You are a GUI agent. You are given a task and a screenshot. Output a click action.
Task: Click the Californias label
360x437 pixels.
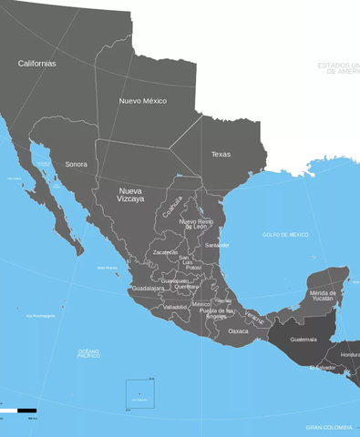click(36, 64)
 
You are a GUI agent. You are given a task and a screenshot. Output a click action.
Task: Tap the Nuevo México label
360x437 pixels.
click(143, 100)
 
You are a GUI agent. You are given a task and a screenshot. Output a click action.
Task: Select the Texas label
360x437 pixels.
click(221, 154)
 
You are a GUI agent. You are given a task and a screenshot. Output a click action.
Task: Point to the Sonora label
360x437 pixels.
click(77, 164)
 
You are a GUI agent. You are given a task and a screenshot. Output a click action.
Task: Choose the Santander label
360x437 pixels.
click(217, 245)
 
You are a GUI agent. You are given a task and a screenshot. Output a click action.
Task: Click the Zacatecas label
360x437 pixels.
click(165, 252)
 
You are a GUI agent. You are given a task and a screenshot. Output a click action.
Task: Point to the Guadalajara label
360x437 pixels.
click(148, 288)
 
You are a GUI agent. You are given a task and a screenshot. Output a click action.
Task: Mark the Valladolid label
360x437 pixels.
click(175, 307)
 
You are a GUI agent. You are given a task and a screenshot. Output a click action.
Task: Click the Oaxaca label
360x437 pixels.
click(238, 330)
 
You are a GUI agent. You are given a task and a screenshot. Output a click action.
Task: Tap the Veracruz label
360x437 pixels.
click(254, 319)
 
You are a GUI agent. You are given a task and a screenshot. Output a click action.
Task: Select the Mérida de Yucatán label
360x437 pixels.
click(322, 295)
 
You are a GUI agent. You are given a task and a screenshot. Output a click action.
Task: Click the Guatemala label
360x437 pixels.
click(303, 340)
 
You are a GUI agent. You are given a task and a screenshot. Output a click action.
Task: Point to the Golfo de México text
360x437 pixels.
click(285, 235)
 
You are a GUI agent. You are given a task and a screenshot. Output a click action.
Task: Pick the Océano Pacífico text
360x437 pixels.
click(88, 353)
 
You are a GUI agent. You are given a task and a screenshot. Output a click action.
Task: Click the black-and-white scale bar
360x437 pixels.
click(18, 411)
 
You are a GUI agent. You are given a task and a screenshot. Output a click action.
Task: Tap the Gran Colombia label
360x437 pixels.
click(327, 426)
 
